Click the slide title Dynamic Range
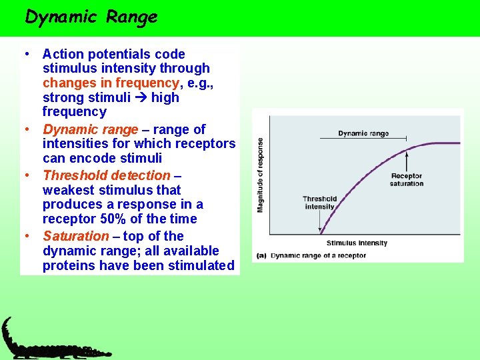91,17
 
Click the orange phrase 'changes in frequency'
111,83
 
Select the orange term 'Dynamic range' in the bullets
91,129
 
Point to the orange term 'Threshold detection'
107,175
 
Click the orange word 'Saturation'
75,236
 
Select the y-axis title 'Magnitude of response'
260,175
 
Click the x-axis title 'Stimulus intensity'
357,243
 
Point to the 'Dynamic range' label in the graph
363,133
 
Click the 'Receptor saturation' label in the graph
407,180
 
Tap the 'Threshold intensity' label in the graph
319,203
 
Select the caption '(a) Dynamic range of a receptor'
310,255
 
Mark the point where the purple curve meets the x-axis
321,234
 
